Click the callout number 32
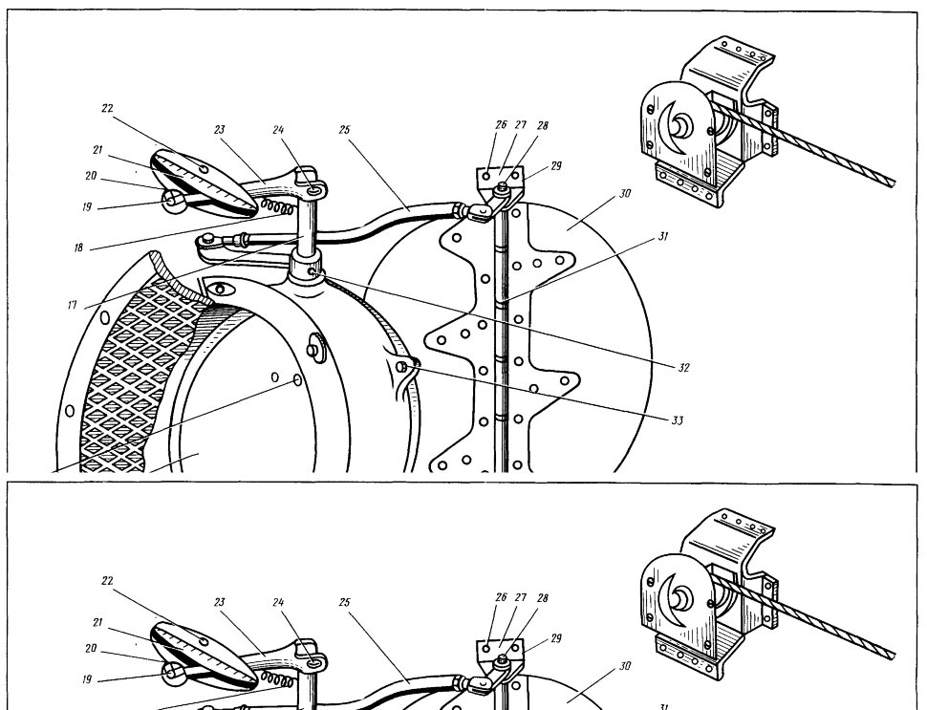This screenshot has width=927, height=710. [x=683, y=368]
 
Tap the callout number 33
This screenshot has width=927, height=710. [x=677, y=420]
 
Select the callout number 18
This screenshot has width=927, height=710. [x=78, y=248]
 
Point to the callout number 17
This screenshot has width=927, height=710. [x=72, y=305]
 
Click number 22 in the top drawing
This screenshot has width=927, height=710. [x=107, y=108]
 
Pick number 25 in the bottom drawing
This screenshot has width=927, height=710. [x=344, y=602]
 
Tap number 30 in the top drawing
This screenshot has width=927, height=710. [x=626, y=193]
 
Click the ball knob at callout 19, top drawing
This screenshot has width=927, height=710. [x=172, y=201]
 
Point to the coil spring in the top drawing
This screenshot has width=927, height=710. [x=277, y=206]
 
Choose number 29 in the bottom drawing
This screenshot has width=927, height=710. [x=556, y=638]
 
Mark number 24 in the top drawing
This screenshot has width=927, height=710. [x=278, y=129]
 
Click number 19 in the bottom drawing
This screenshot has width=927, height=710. [x=87, y=679]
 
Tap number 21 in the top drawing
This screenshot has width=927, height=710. [x=97, y=150]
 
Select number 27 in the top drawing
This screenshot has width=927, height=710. [x=520, y=125]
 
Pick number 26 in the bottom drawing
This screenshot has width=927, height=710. [x=501, y=597]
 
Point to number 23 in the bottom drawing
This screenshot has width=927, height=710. [x=220, y=602]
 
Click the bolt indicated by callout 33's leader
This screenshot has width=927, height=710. [x=402, y=368]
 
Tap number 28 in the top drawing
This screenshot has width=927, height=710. [x=542, y=125]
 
